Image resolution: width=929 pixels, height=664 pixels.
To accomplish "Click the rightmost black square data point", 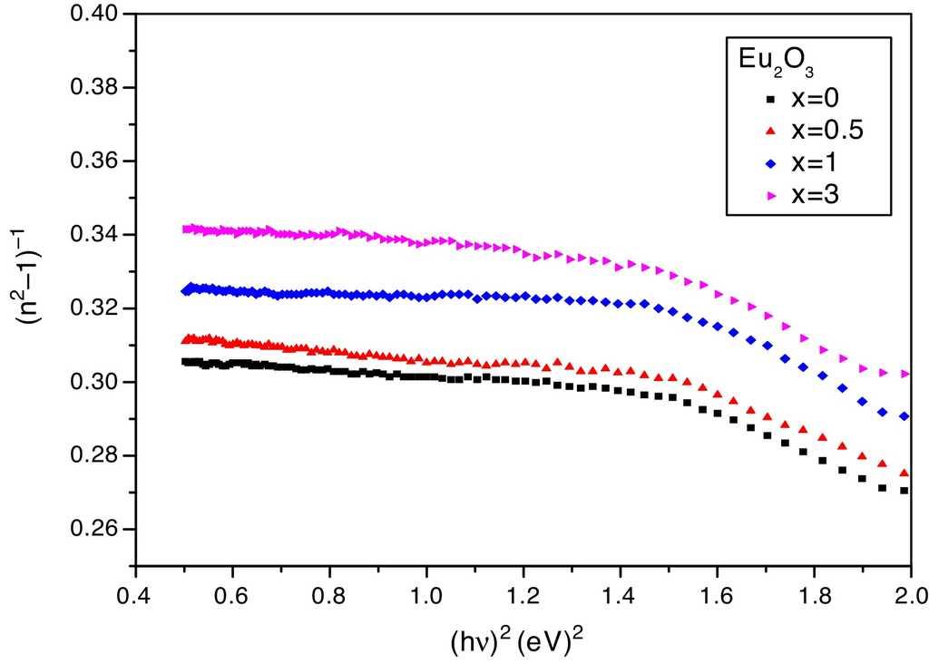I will coord(905,491).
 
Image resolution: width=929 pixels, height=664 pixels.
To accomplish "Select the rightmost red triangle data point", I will coord(905,474).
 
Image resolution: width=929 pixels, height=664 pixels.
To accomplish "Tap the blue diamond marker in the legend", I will coord(771,164).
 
